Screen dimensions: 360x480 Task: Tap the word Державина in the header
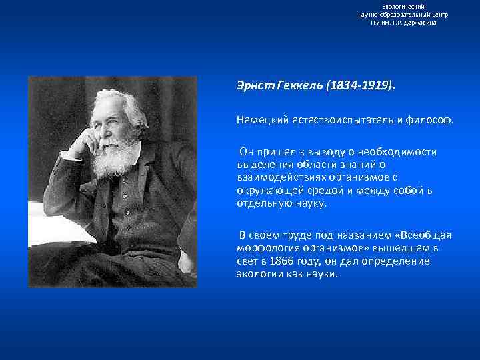point(419,22)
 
